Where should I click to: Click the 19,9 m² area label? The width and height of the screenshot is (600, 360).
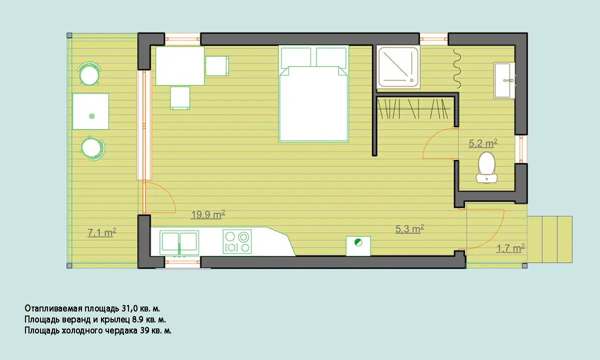(x=208, y=214)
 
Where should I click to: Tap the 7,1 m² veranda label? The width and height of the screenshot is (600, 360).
(x=102, y=232)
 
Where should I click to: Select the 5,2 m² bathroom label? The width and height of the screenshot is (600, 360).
(x=483, y=143)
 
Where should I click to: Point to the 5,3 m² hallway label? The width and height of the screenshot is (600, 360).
(x=409, y=229)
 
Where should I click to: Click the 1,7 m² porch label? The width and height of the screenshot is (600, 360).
(x=510, y=248)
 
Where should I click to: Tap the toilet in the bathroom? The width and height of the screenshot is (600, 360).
(x=486, y=168)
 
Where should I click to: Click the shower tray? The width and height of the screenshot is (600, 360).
(x=398, y=67)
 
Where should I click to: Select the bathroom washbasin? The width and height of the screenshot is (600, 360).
(x=504, y=80)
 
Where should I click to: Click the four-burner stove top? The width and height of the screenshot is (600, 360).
(x=237, y=241)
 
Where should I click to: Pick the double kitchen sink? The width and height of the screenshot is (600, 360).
(x=179, y=242)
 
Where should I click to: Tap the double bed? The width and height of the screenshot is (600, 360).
(x=313, y=93)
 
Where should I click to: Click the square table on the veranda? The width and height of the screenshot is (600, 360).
(x=91, y=111)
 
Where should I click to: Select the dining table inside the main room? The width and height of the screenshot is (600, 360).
(x=180, y=66)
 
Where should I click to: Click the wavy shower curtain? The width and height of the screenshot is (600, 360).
(x=457, y=68)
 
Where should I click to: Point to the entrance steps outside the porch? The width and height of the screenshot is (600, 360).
(x=549, y=239)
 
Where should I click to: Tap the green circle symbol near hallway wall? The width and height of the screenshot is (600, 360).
(x=358, y=242)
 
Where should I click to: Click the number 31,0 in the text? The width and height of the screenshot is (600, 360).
(x=129, y=308)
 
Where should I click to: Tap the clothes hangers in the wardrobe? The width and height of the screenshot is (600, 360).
(x=413, y=109)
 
